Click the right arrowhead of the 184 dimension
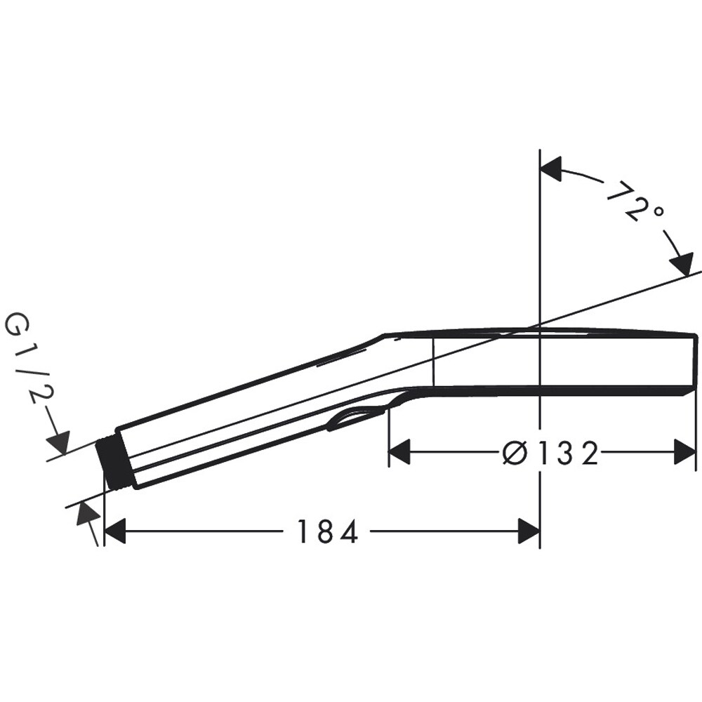(x=529, y=531)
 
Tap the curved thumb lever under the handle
(x=355, y=418)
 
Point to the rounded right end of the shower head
(x=694, y=362)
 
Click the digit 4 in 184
(x=350, y=532)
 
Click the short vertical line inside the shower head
(x=434, y=361)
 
